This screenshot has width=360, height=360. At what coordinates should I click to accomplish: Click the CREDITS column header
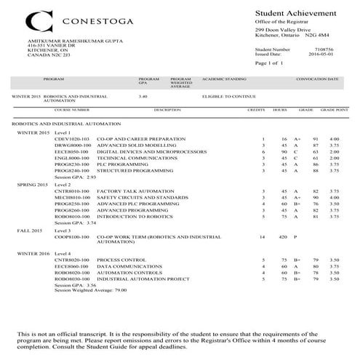coord(256,110)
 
